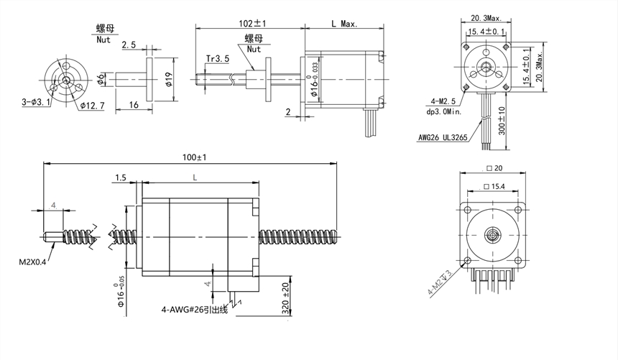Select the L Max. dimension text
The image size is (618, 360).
pyautogui.click(x=344, y=23)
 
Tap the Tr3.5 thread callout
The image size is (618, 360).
pyautogui.click(x=216, y=58)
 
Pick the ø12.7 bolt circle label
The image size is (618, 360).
pyautogui.click(x=92, y=106)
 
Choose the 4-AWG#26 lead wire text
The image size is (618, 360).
pyautogui.click(x=195, y=310)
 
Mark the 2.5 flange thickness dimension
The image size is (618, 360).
pyautogui.click(x=129, y=45)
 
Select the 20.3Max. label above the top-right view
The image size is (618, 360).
pyautogui.click(x=486, y=18)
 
